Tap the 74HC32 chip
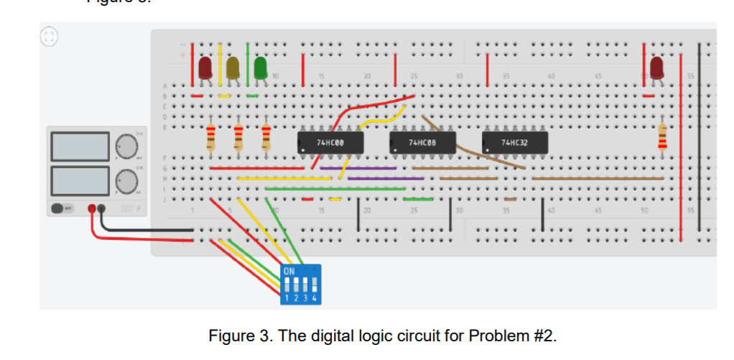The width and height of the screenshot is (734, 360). click(514, 142)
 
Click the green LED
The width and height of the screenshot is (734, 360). click(260, 68)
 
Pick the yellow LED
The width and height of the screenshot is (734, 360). click(233, 68)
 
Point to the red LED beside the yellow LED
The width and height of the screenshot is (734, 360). click(205, 68)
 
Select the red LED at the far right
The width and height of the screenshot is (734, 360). click(656, 68)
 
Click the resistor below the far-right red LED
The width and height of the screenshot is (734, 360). click(662, 137)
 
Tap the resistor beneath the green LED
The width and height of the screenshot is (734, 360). click(266, 137)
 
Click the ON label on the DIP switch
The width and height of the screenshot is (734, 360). click(289, 272)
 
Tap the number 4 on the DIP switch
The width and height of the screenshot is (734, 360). click(314, 296)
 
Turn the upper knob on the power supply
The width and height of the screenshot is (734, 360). click(126, 147)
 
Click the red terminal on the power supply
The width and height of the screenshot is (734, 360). click(92, 209)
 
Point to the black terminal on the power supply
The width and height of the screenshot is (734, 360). click(102, 209)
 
